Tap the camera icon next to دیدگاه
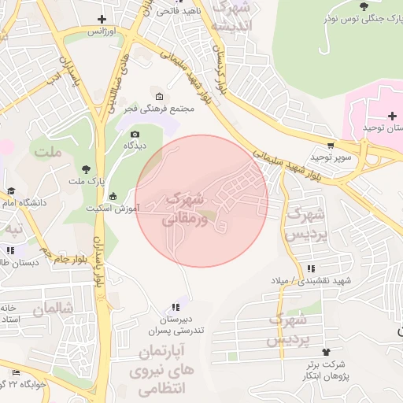click(135, 134)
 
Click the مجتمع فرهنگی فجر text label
click(166, 109)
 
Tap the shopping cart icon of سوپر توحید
click(331, 145)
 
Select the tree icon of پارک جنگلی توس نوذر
click(363, 6)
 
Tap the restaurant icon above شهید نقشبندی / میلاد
click(311, 268)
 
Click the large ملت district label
click(47, 151)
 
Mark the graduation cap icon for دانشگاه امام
click(11, 190)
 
